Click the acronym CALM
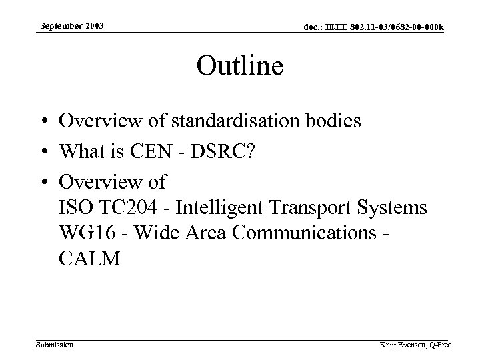click(89, 259)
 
